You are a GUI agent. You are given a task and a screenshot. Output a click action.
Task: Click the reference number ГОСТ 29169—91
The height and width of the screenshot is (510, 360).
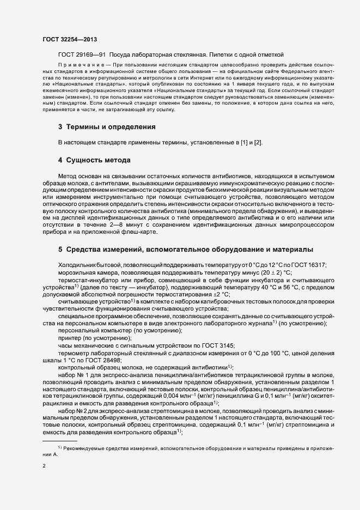83,55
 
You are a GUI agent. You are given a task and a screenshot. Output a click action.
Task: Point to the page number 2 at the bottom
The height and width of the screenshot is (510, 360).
44,465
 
